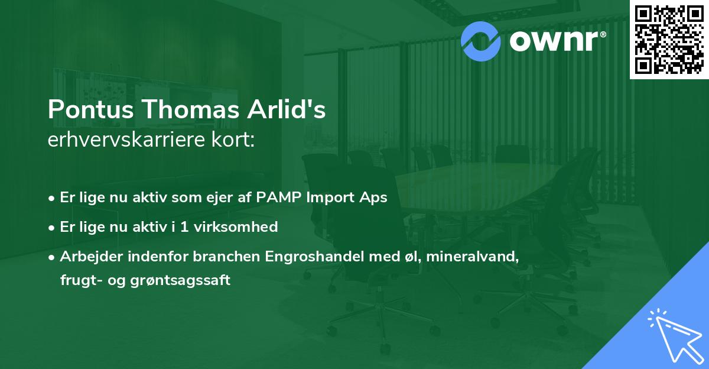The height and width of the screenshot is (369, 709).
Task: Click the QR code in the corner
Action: [669, 40]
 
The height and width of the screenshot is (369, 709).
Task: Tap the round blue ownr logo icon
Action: [480, 41]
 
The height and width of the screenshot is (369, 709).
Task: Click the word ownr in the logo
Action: [552, 41]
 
